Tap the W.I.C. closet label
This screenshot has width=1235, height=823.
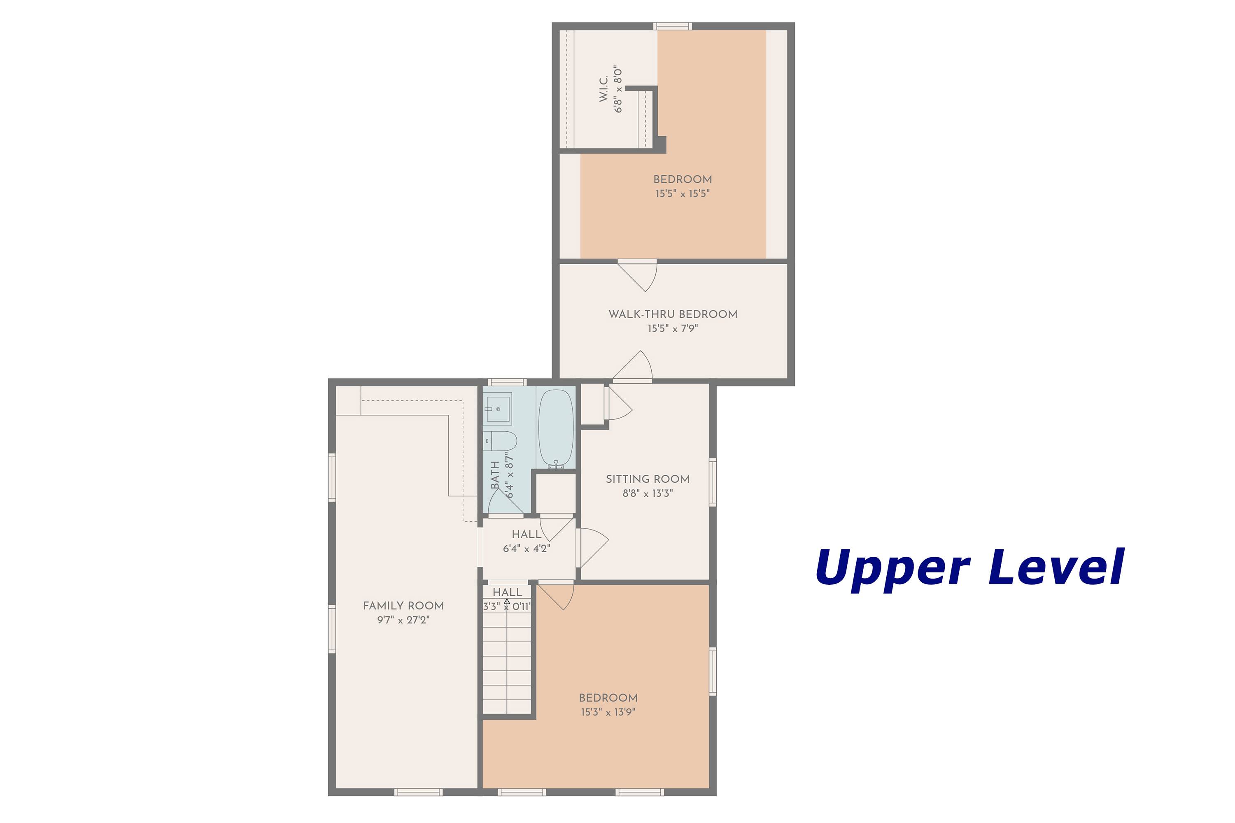point(604,89)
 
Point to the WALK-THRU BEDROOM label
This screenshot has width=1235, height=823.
point(673,314)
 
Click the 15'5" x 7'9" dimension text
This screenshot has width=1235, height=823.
point(673,328)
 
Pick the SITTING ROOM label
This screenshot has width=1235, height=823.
point(648,479)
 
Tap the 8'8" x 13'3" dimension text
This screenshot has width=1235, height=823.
point(648,493)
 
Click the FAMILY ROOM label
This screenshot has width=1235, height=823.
point(403,606)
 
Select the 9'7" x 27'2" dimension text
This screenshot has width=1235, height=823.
point(403,620)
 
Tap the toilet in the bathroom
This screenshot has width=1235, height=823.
point(499,441)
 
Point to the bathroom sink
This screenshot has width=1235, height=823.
point(497,408)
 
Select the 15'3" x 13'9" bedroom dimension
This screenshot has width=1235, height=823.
point(608,712)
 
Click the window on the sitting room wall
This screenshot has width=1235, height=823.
point(713,482)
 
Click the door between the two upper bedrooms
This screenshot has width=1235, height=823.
point(637,276)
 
